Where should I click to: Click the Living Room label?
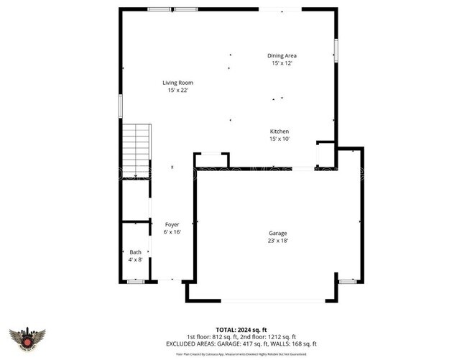click(x=180, y=83)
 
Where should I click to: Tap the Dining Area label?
click(x=282, y=55)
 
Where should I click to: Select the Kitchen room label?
click(x=279, y=131)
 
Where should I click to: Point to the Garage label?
click(x=279, y=234)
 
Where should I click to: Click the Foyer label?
click(x=172, y=225)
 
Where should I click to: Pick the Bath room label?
click(x=135, y=252)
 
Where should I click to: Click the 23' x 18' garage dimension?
click(x=279, y=241)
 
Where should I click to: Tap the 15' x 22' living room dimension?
click(x=180, y=91)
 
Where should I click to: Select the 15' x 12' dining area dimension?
click(x=282, y=63)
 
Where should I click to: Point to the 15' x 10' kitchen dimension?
click(x=279, y=139)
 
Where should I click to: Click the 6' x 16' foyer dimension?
click(x=172, y=232)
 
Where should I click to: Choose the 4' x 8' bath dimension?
click(x=135, y=259)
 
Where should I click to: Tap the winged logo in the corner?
click(x=27, y=338)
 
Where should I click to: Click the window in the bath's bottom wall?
click(x=135, y=282)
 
